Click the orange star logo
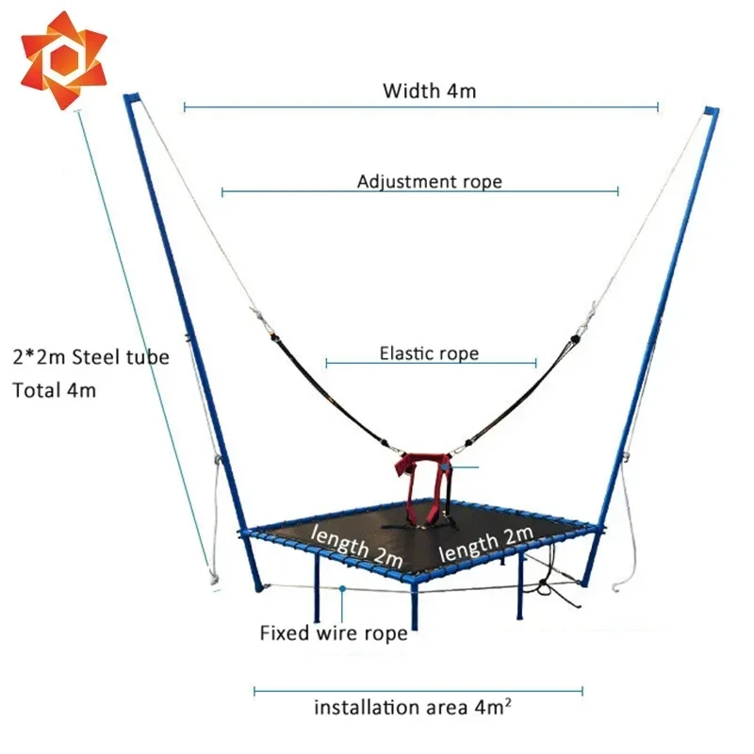coord(63,59)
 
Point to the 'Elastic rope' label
coord(429,353)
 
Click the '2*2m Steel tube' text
coord(90,357)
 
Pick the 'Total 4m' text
coord(54,389)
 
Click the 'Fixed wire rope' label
coord(334,632)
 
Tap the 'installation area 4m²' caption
coord(413,707)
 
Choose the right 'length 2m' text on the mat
coord(486,543)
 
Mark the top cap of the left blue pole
coord(133,99)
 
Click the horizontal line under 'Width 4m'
coord(420,107)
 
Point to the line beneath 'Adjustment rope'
coord(419,191)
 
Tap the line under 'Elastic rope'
coord(431,363)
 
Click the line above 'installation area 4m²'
coord(418,691)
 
